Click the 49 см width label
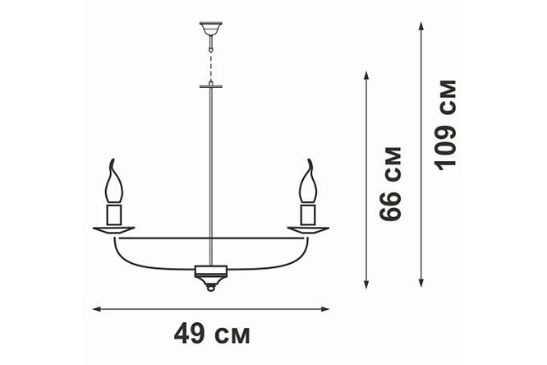212,335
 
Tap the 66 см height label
391,184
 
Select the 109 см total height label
445,126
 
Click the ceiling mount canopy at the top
211,28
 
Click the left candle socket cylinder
114,215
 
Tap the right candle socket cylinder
308,215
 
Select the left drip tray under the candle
113,230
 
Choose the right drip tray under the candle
308,230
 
